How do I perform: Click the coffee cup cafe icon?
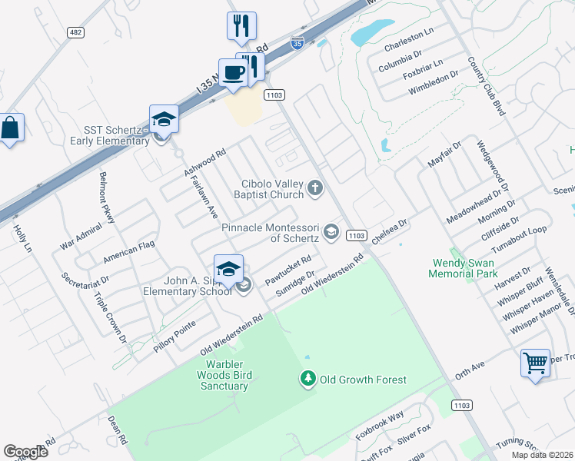(x=233, y=73)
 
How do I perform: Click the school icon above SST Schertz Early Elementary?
(x=164, y=118)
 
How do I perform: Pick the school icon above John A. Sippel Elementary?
(x=228, y=269)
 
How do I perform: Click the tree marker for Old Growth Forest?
(x=307, y=379)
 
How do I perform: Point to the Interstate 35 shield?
(x=297, y=45)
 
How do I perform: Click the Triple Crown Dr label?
(x=110, y=316)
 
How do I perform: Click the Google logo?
(x=26, y=451)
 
